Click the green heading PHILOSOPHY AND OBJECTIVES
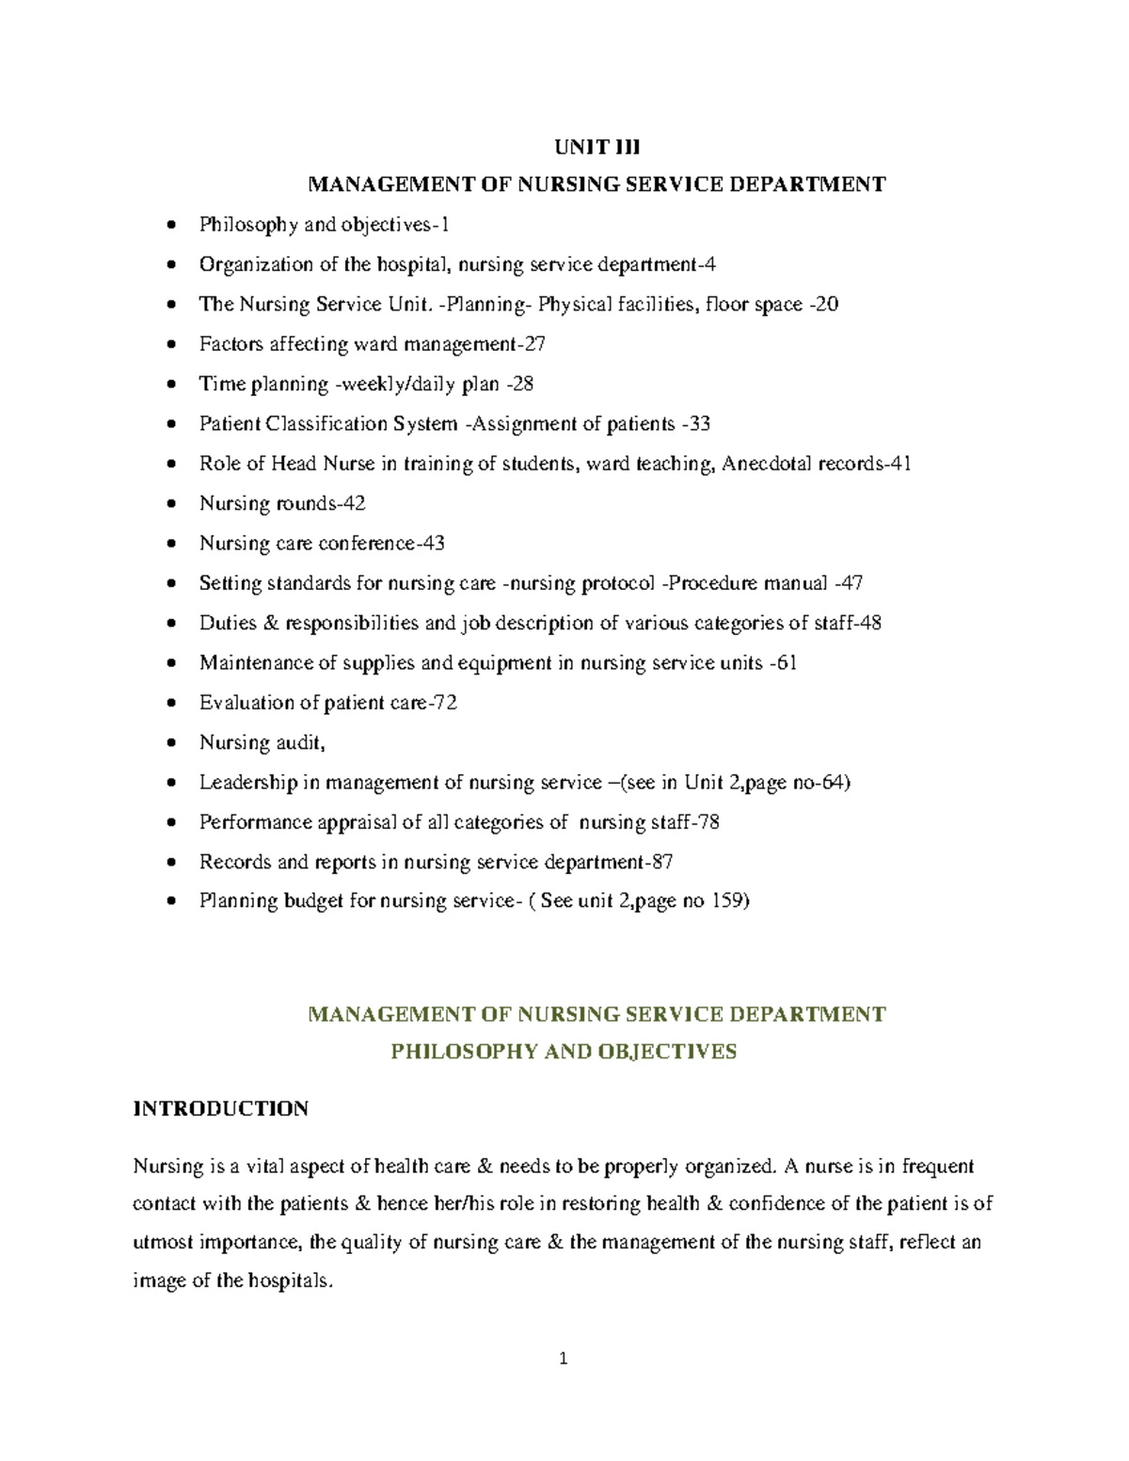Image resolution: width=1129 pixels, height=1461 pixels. (564, 1051)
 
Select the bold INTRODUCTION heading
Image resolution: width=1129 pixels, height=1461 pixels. (220, 1108)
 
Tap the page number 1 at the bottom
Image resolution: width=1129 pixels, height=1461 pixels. (564, 1358)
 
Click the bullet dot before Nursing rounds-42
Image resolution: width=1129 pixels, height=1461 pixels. (169, 504)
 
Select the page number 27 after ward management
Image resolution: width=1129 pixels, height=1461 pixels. (534, 344)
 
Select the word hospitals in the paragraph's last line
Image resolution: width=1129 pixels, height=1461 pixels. (293, 1280)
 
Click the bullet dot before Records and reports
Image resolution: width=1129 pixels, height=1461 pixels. (169, 863)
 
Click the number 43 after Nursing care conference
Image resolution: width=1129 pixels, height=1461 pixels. (433, 544)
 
